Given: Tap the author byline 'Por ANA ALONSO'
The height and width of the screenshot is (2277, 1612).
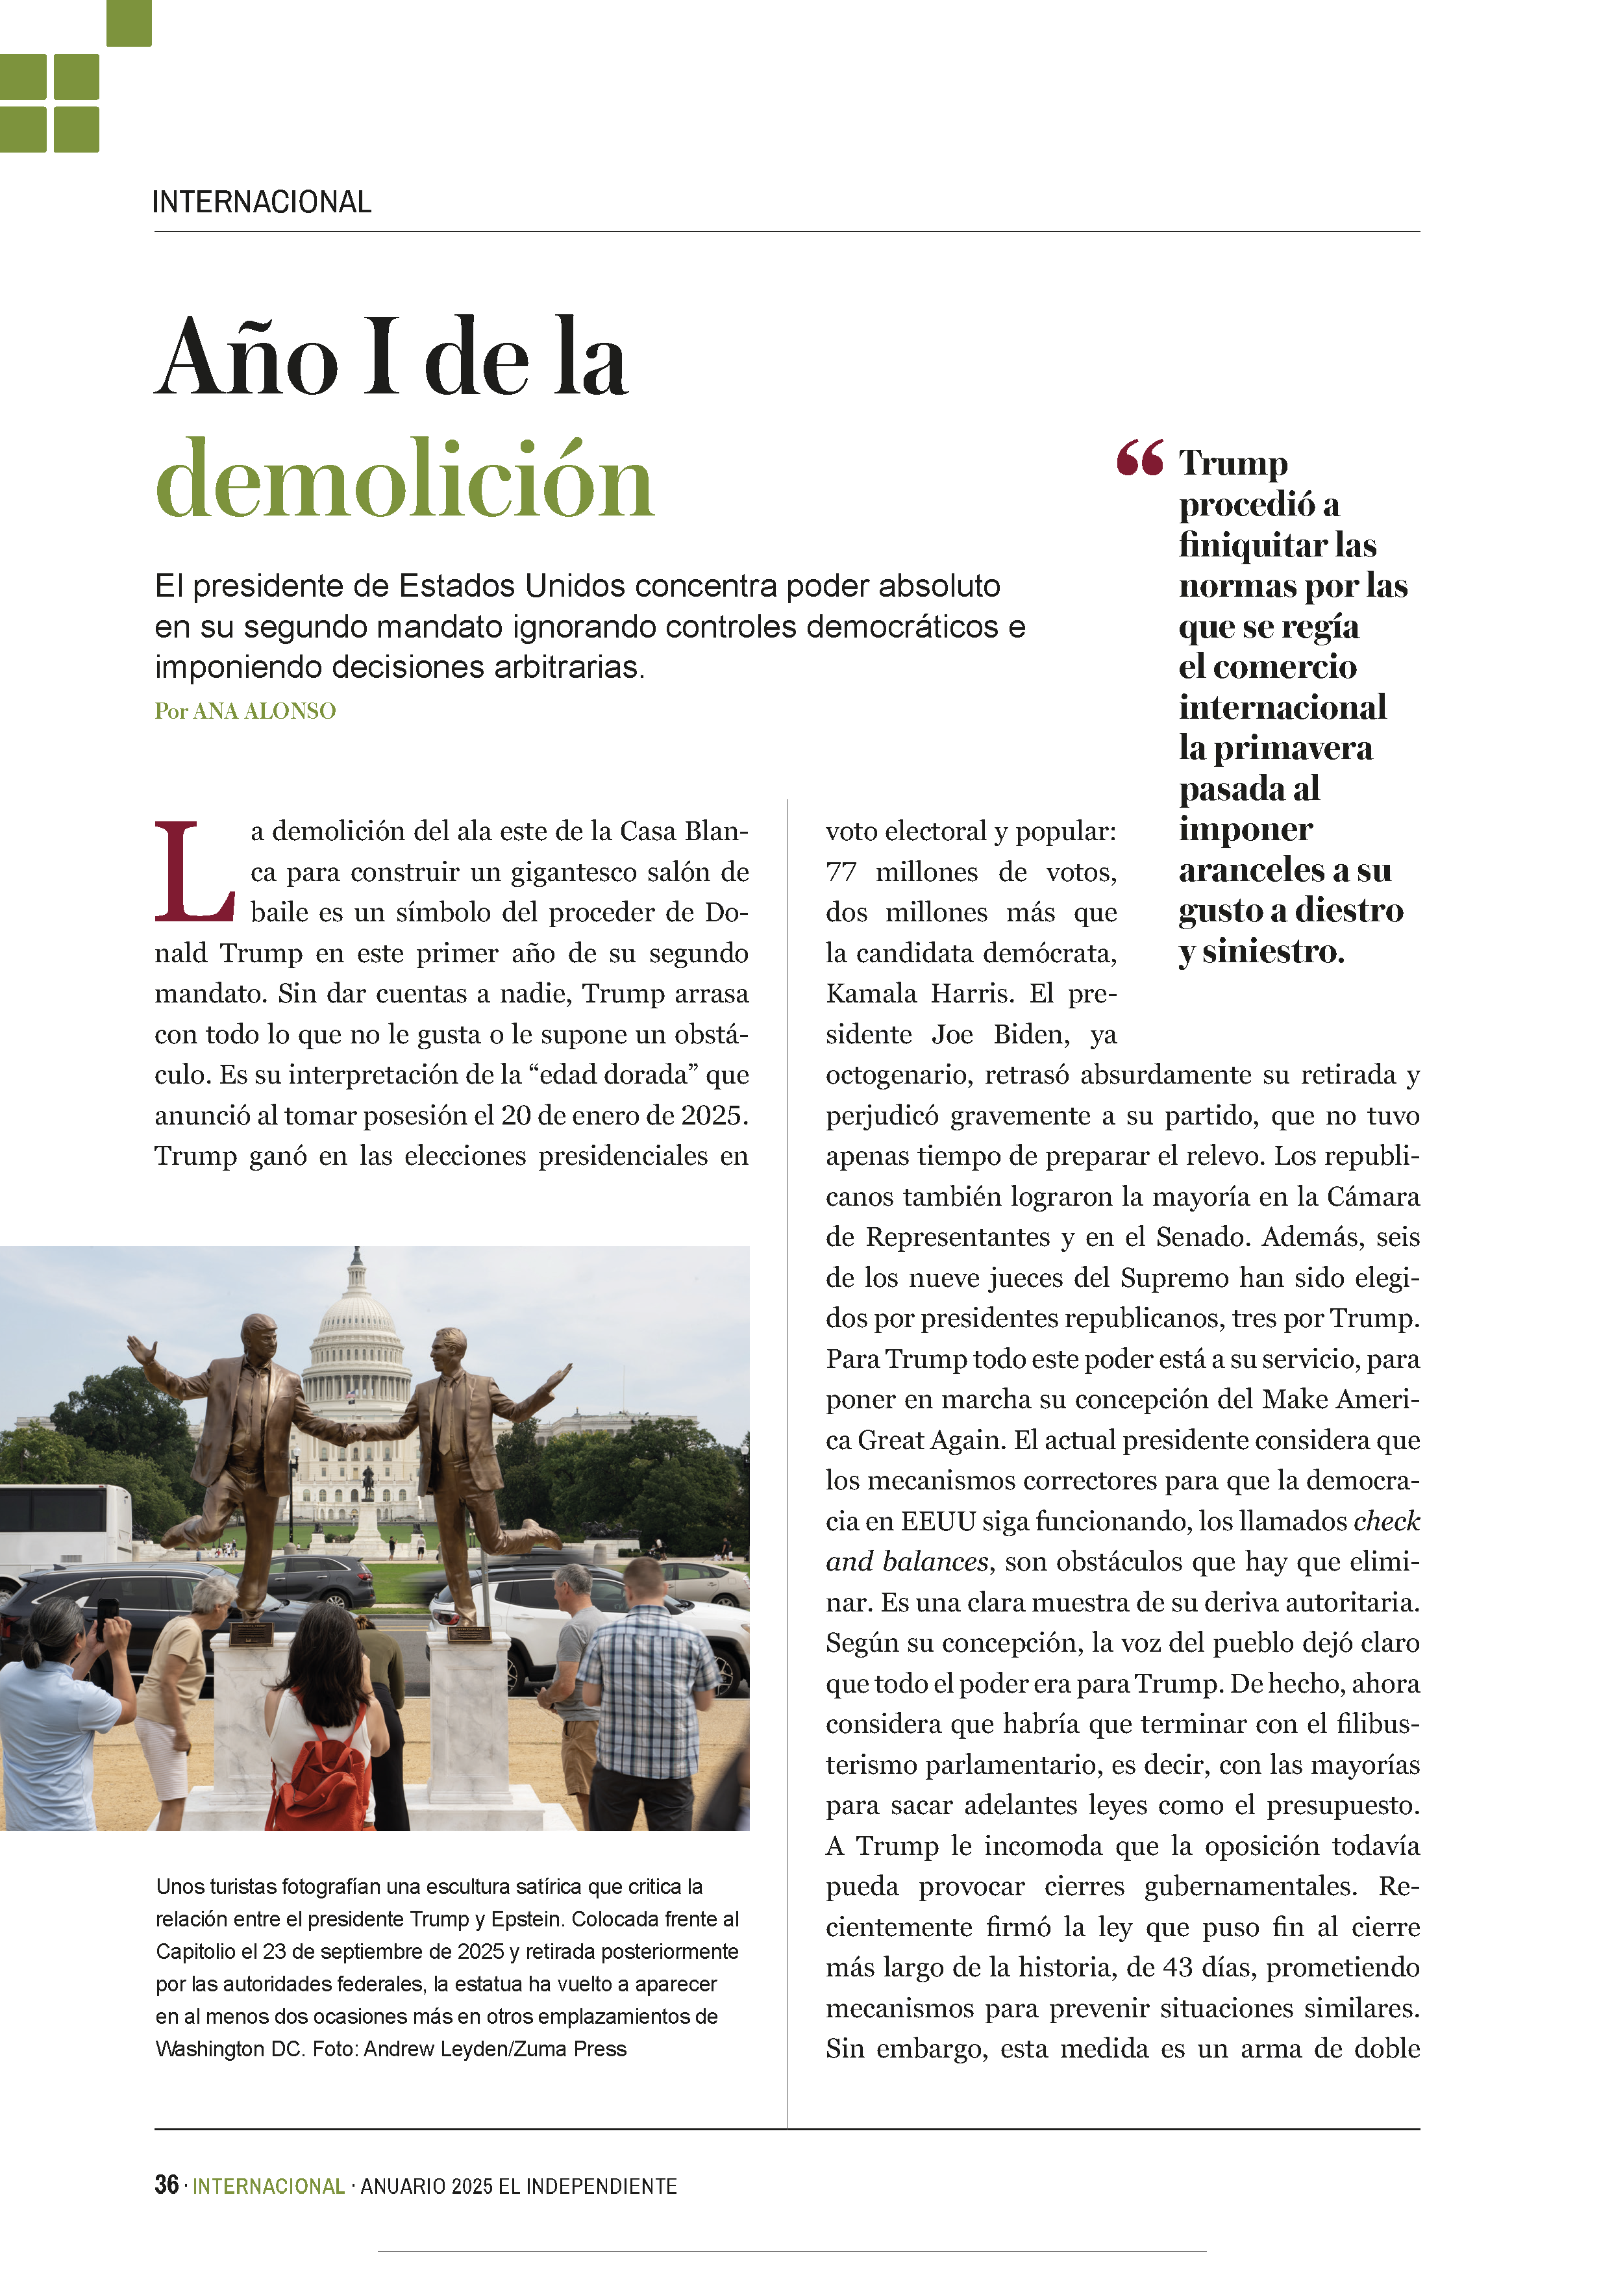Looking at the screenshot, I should coord(245,712).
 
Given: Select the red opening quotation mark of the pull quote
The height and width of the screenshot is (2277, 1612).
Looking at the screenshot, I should coord(1139,458).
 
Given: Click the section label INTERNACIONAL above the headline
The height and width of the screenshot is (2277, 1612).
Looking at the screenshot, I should coord(262,203).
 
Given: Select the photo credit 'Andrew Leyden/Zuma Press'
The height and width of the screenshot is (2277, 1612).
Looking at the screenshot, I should coord(495,2048).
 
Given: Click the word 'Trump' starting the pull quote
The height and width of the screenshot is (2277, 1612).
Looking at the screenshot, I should coord(1233,464).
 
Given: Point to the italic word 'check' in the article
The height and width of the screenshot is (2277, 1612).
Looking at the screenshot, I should coord(1387,1522).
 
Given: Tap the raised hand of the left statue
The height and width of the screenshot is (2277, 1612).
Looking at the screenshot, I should coord(140,1349).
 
